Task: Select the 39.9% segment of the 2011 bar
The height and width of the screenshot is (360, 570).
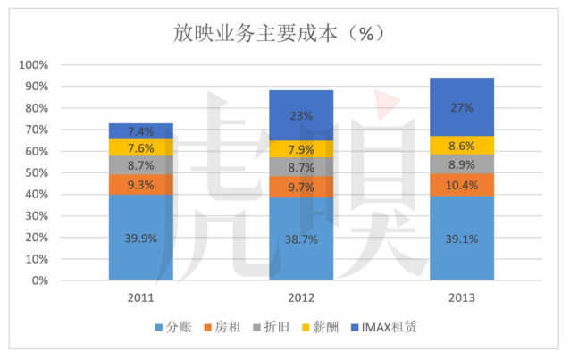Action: tap(140, 237)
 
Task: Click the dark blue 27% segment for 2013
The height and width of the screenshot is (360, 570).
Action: tap(461, 106)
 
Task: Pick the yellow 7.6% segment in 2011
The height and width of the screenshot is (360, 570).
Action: tap(140, 147)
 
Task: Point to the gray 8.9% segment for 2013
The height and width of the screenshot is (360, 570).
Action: tap(461, 163)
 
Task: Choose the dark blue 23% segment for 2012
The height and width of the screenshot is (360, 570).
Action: tap(301, 115)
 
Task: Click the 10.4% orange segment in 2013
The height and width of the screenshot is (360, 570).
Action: tap(461, 185)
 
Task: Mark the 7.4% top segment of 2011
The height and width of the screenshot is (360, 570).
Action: tap(140, 130)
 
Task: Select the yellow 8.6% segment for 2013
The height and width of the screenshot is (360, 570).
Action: tap(461, 144)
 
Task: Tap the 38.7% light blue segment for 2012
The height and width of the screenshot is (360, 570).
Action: tap(301, 239)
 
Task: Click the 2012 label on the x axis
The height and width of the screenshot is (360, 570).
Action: tap(301, 297)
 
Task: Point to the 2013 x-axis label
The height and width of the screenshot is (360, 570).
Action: tap(461, 297)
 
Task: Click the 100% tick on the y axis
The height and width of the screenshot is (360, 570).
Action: tap(36, 65)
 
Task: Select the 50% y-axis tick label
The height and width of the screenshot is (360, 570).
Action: tap(38, 172)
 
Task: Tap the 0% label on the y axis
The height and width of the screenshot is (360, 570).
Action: tap(43, 280)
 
